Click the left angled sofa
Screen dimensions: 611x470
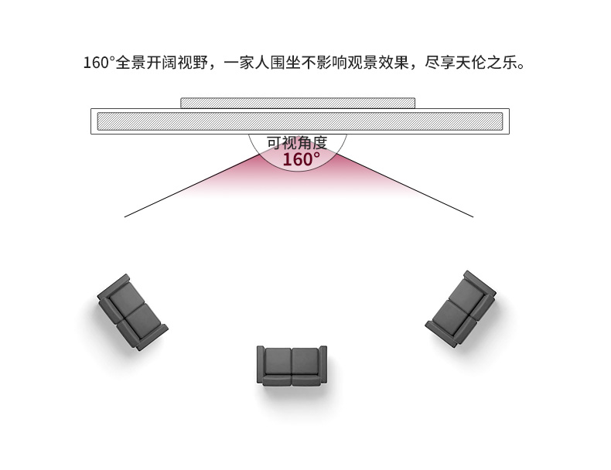pyautogui.click(x=131, y=312)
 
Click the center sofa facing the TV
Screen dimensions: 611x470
pyautogui.click(x=292, y=365)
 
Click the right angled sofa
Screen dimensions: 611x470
pyautogui.click(x=461, y=308)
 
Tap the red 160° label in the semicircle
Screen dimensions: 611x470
pyautogui.click(x=300, y=160)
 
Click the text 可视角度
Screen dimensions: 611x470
pyautogui.click(x=297, y=142)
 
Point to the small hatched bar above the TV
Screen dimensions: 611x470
pyautogui.click(x=298, y=103)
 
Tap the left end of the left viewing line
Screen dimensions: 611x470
pyautogui.click(x=125, y=216)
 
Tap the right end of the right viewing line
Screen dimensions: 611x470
pyautogui.click(x=473, y=216)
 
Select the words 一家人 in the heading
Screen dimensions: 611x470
pyautogui.click(x=247, y=63)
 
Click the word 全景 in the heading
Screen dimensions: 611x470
pyautogui.click(x=130, y=63)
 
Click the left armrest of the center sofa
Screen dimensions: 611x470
pyautogui.click(x=261, y=365)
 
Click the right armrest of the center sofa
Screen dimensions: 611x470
pyautogui.click(x=323, y=365)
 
